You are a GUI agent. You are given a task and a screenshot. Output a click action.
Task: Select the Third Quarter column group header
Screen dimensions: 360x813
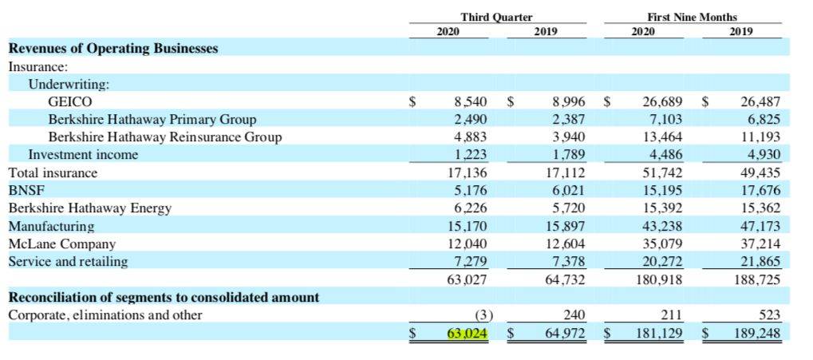pyautogui.click(x=496, y=17)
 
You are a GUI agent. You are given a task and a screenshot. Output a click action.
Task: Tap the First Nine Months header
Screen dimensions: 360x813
pyautogui.click(x=692, y=17)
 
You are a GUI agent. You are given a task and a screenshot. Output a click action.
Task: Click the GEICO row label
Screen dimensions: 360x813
pyautogui.click(x=70, y=101)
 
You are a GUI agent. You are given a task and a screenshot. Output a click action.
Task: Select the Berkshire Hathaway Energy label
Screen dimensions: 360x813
pyautogui.click(x=89, y=208)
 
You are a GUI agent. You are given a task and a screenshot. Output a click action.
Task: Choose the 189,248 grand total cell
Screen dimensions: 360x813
pyautogui.click(x=757, y=332)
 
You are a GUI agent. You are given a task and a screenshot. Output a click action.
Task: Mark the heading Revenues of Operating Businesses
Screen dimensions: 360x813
pyautogui.click(x=112, y=49)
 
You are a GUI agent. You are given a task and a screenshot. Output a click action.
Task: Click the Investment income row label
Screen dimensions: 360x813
pyautogui.click(x=83, y=155)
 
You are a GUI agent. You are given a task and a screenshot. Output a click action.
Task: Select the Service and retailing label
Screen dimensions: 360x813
pyautogui.click(x=68, y=261)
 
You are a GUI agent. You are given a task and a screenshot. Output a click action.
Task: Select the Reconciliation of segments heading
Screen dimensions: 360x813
pyautogui.click(x=164, y=297)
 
